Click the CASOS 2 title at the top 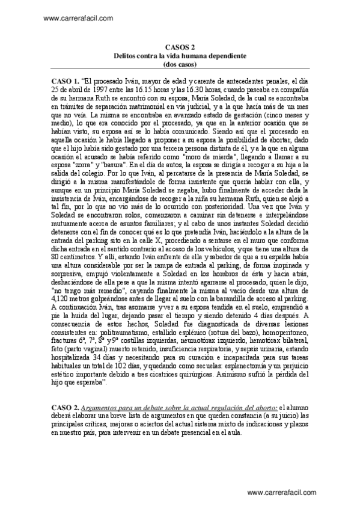click(x=180, y=46)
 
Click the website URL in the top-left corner click(x=79, y=18)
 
